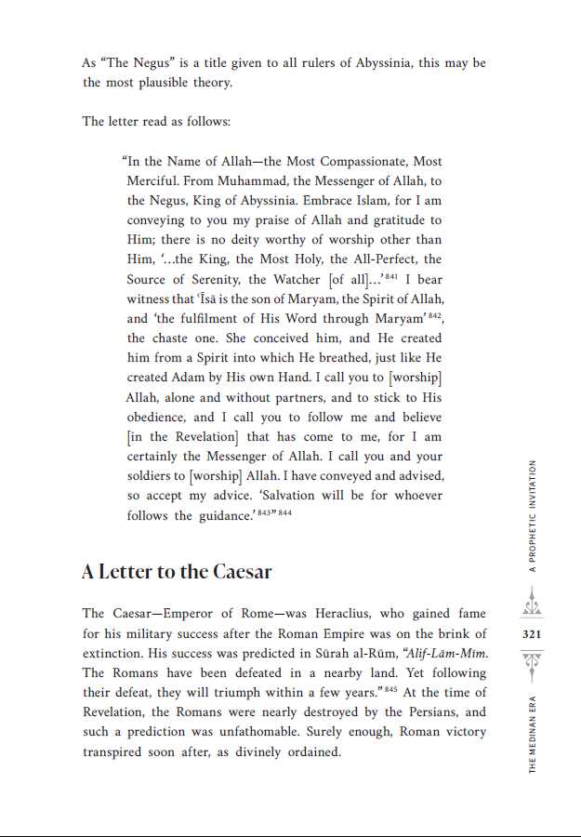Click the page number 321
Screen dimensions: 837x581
point(532,634)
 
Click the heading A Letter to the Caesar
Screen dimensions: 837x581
point(177,572)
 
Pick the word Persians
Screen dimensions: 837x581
point(436,713)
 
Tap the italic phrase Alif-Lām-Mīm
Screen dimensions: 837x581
point(443,654)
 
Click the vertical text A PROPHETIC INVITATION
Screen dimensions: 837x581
point(533,516)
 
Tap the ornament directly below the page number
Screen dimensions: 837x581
point(532,662)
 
